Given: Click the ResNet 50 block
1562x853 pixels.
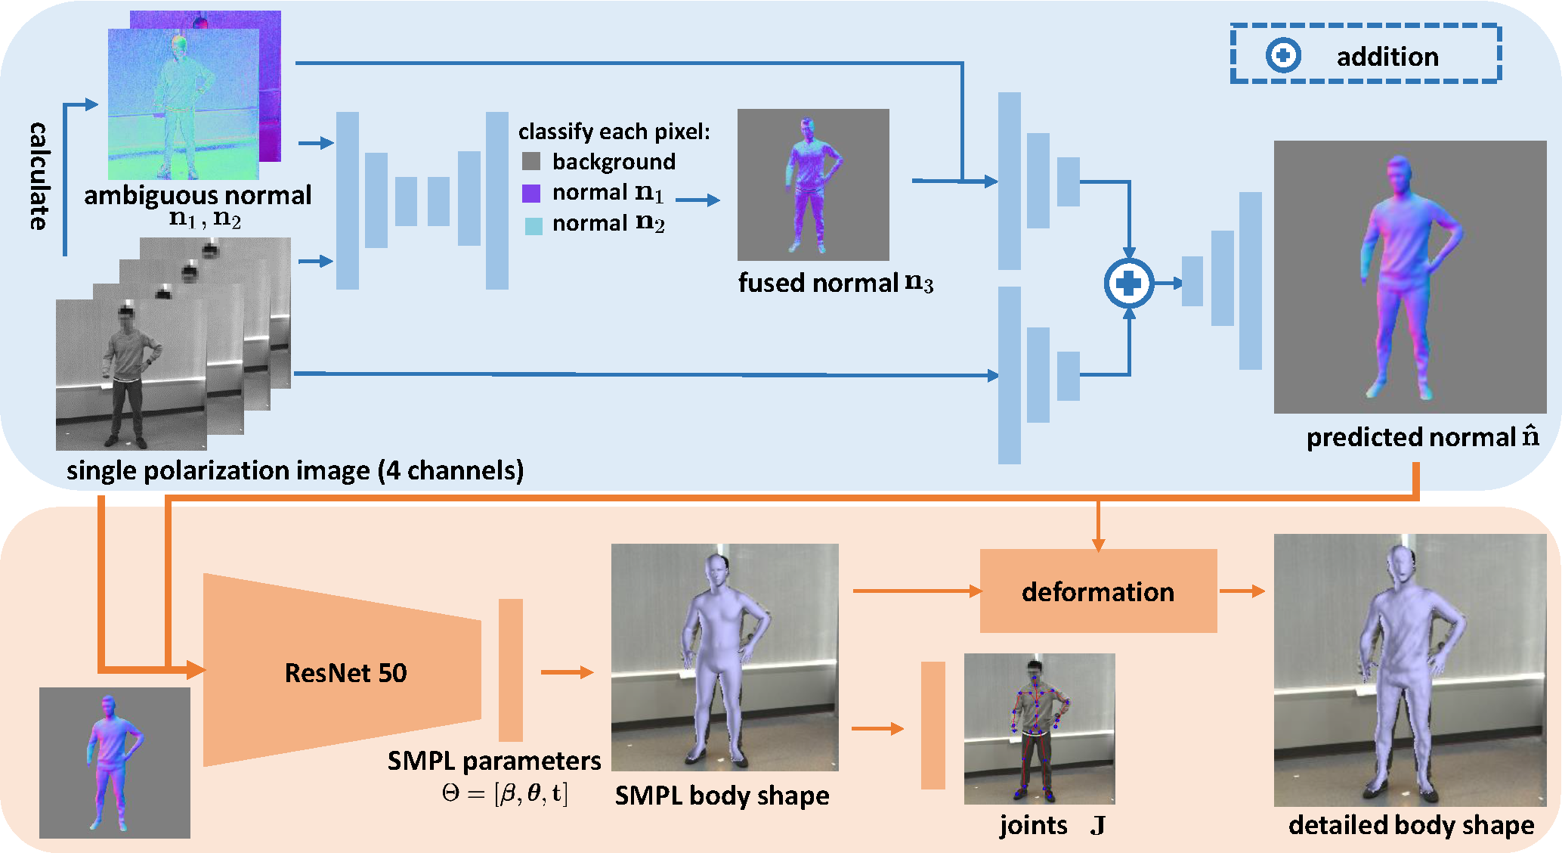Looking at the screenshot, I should [344, 672].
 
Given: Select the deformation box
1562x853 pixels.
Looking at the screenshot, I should [1097, 591].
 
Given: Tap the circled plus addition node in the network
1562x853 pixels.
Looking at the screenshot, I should [1128, 284].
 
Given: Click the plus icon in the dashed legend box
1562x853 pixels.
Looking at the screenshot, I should [1283, 56].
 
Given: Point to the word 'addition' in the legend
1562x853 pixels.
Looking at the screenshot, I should [1387, 57].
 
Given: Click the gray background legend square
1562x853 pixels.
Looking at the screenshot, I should [531, 161].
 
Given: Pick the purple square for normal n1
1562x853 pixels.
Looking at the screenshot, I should [531, 193].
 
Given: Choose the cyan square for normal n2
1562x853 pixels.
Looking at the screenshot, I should [534, 225].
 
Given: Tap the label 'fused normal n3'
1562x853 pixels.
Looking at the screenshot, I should [835, 283].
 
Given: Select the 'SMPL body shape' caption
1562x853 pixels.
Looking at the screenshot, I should [722, 796].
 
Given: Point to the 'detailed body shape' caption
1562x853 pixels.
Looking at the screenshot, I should [1411, 824].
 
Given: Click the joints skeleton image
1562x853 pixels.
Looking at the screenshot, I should [1039, 728].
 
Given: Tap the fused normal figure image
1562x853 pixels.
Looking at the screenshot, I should [812, 185].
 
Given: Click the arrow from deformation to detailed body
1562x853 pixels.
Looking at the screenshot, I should [1242, 591].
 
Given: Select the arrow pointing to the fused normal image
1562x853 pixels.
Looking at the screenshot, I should [697, 200].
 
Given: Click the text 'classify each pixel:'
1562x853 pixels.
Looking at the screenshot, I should [614, 132].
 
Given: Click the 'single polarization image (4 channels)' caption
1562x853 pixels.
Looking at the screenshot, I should [295, 470].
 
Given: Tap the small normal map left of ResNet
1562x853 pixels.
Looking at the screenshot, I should [114, 762].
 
